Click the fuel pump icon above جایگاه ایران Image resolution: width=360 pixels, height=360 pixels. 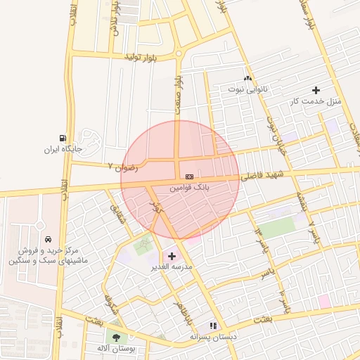[x=64, y=138]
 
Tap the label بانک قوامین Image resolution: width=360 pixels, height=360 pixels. [x=189, y=188]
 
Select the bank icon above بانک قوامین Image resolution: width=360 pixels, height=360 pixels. [x=189, y=176]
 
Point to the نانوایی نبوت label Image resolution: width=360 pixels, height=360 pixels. [x=247, y=89]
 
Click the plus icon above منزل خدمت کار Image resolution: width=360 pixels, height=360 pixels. [x=316, y=90]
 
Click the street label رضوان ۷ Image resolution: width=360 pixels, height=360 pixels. [x=123, y=167]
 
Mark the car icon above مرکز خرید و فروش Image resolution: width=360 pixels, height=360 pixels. [x=47, y=240]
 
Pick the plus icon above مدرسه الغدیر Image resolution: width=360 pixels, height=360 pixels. [x=172, y=256]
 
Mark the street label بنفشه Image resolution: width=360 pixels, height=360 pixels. [x=300, y=200]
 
